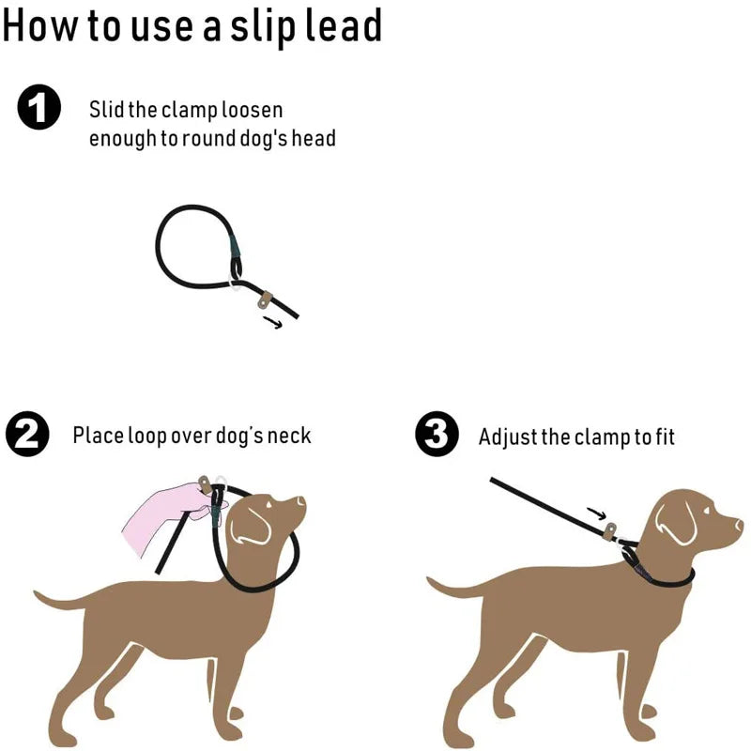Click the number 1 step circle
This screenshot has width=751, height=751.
point(39,110)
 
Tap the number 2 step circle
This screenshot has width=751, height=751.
point(27,436)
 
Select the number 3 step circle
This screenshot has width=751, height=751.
point(437,436)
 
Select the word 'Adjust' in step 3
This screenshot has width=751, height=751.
point(507,437)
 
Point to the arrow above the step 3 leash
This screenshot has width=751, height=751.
point(595,513)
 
